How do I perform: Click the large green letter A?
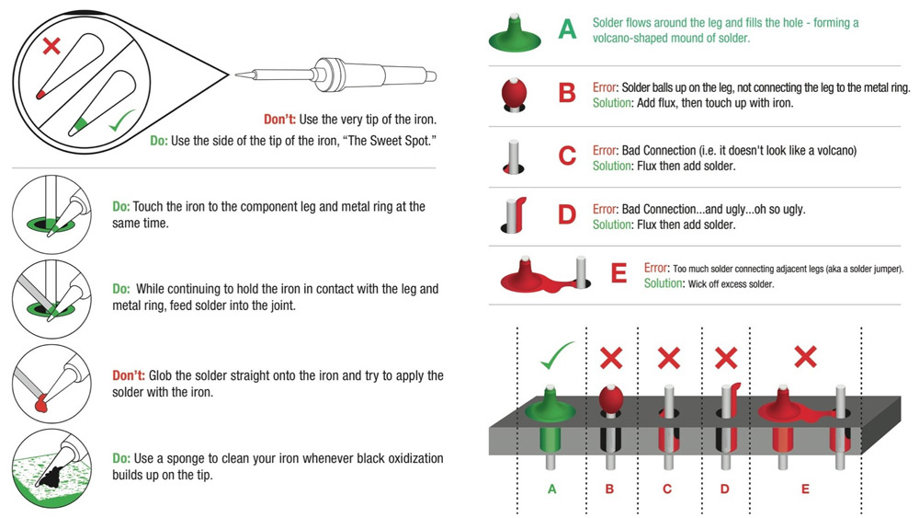(x=568, y=30)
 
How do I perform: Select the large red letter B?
(x=568, y=94)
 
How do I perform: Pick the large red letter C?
(x=568, y=155)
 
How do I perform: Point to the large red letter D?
(x=568, y=214)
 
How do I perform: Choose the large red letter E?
(x=618, y=273)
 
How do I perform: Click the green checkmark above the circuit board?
(x=556, y=356)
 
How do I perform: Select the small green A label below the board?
(x=551, y=489)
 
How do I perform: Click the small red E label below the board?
(x=805, y=489)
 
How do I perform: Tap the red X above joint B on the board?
(x=610, y=358)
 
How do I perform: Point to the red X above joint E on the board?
(x=805, y=358)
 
